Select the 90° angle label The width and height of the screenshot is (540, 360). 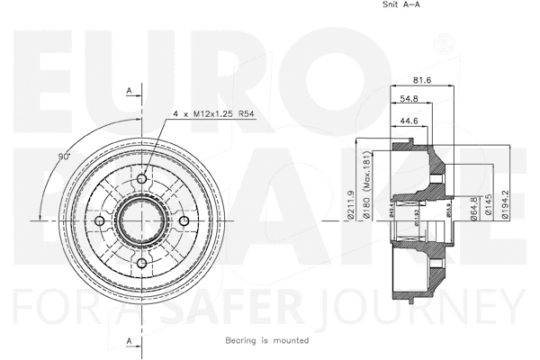tap(64, 157)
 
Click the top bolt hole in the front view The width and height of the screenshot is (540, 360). tap(141, 179)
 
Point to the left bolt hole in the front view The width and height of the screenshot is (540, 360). tap(102, 220)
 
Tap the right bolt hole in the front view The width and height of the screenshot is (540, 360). tap(184, 220)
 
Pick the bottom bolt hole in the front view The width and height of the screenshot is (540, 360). tap(142, 262)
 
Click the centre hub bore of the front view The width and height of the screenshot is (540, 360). tap(142, 220)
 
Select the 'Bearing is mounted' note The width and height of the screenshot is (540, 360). tap(267, 341)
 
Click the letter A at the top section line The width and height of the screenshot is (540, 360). tap(130, 91)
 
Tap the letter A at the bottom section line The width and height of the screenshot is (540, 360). tap(130, 340)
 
